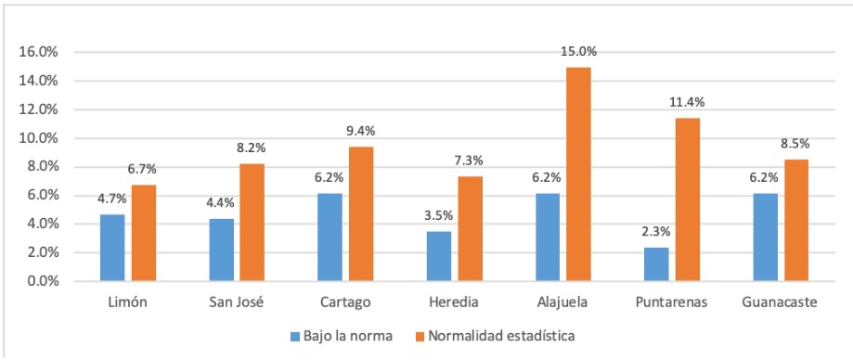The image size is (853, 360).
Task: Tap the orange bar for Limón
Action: (143, 232)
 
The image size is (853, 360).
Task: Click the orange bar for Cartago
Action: (360, 213)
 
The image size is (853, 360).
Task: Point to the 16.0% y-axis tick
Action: (38, 52)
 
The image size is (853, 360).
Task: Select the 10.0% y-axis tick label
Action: (38, 138)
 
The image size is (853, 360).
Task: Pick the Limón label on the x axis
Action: (127, 302)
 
